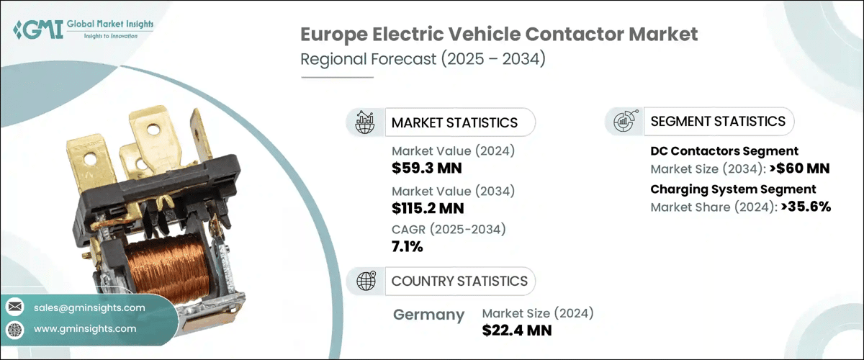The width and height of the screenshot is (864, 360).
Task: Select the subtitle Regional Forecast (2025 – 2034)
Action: (x=423, y=59)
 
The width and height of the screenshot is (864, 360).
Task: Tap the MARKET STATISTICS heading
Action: (x=454, y=122)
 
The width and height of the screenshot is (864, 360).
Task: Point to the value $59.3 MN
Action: (x=426, y=168)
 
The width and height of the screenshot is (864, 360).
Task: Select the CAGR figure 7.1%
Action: (x=408, y=247)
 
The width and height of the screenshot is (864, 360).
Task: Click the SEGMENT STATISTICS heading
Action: (x=718, y=121)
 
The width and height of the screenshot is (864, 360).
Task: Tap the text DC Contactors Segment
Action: (x=724, y=151)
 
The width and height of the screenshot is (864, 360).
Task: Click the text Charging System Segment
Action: (x=733, y=189)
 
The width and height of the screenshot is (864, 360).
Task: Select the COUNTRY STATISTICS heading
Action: (x=459, y=281)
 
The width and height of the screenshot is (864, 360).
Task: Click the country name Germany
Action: (x=429, y=315)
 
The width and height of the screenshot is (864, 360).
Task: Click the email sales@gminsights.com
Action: (x=89, y=307)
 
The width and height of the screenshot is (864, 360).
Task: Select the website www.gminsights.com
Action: (x=85, y=328)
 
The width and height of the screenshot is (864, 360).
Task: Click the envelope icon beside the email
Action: (x=15, y=307)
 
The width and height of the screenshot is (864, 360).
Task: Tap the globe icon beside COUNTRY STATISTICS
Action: (x=367, y=280)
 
